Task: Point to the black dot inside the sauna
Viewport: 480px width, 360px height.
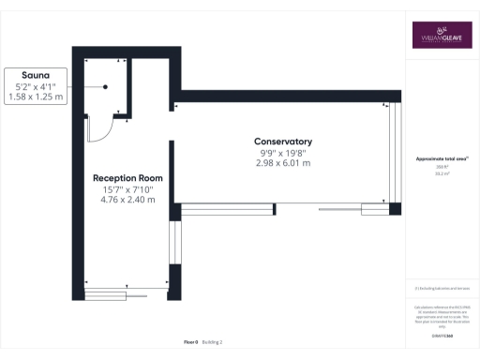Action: [105, 86]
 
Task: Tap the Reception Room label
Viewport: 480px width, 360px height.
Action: [127, 177]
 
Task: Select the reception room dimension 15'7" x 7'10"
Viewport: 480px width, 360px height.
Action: [127, 189]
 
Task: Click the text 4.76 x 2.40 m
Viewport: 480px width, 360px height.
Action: [127, 200]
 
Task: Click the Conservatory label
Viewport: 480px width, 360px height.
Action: [283, 142]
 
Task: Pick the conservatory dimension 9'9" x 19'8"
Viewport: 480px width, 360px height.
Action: [283, 153]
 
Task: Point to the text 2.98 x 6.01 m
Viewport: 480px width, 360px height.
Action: [283, 163]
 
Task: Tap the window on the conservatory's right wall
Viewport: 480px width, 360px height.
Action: [395, 154]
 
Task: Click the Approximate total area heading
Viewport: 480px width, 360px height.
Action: [442, 159]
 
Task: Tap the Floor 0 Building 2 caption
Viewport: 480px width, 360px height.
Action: [202, 343]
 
